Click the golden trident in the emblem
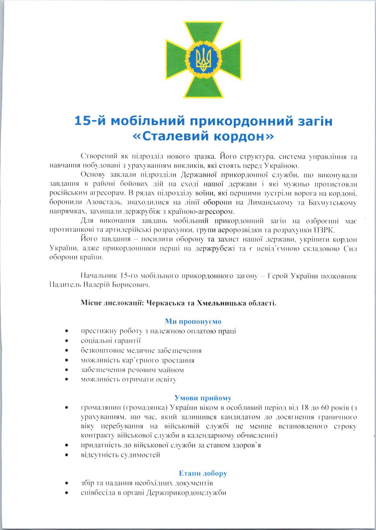click(203, 60)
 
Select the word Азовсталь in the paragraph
click(104, 202)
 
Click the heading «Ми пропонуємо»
click(193, 321)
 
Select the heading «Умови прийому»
click(203, 398)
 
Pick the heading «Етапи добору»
click(203, 473)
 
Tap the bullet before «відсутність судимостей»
click(67, 455)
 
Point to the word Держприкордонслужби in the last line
click(187, 493)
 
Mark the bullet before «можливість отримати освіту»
click(67, 379)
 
